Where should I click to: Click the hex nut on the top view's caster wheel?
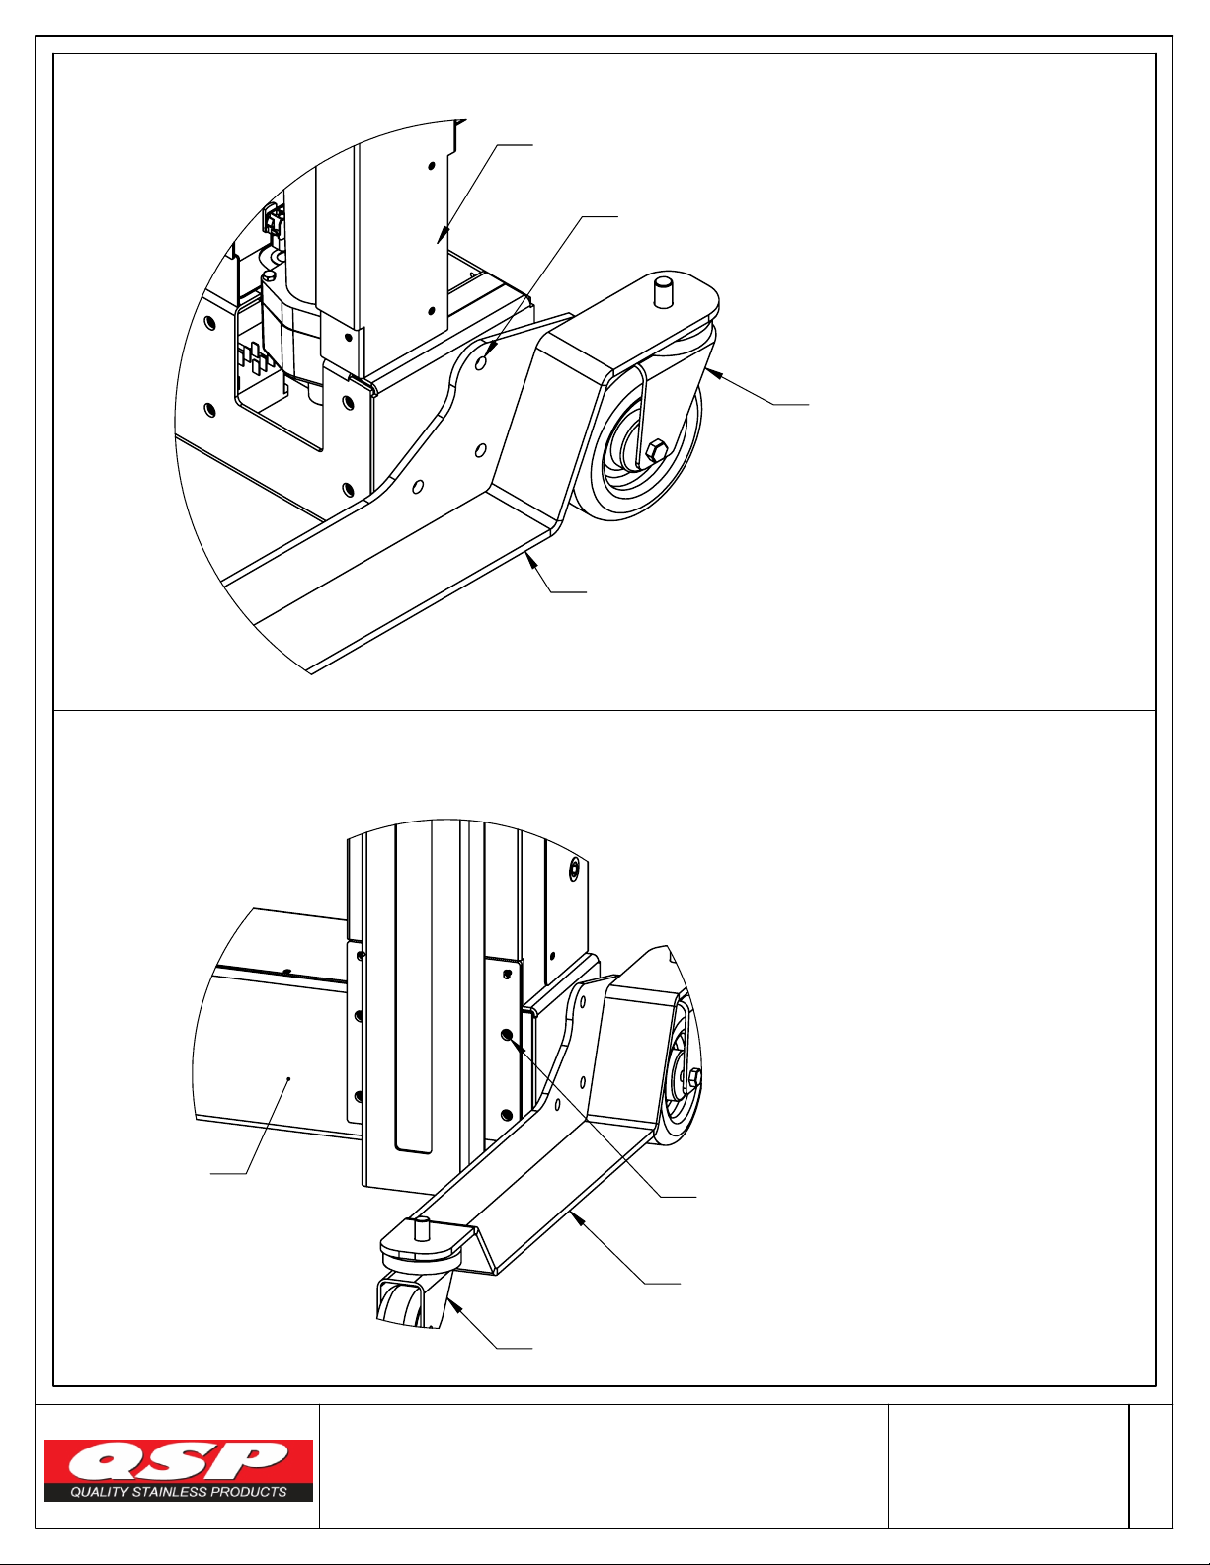click(657, 452)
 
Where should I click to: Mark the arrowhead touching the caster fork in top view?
click(712, 373)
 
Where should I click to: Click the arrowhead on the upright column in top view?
click(442, 235)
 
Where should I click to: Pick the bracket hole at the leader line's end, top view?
click(482, 359)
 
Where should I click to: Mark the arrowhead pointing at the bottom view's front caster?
click(453, 1302)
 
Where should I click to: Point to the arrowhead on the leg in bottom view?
click(576, 1216)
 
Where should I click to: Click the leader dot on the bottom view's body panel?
click(288, 1078)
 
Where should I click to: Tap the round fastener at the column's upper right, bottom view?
click(574, 869)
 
